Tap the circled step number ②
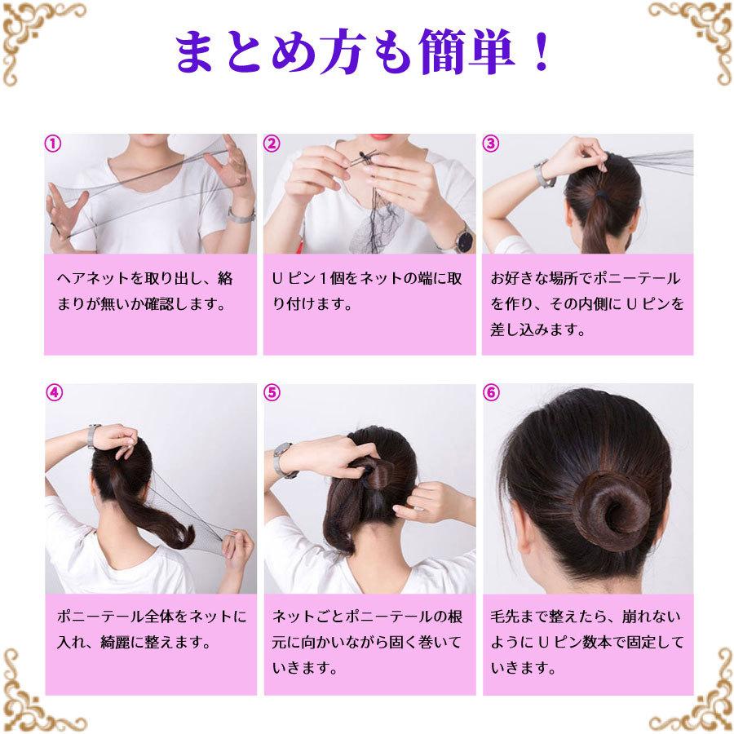pyautogui.click(x=272, y=144)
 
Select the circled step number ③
pyautogui.click(x=491, y=144)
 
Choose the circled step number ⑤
pyautogui.click(x=272, y=393)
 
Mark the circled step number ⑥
pyautogui.click(x=491, y=393)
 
